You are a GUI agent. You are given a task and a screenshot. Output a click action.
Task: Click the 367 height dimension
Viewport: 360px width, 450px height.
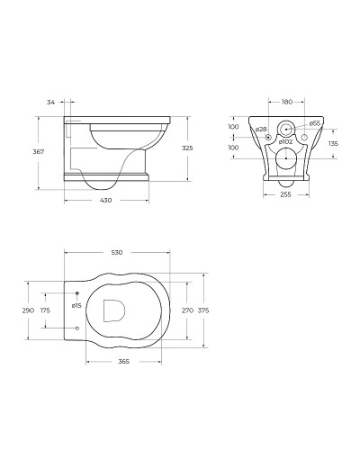pyautogui.click(x=39, y=152)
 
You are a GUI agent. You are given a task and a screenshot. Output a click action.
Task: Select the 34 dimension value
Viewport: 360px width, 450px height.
pyautogui.click(x=50, y=103)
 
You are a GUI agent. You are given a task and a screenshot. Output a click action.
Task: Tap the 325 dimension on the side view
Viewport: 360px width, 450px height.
pyautogui.click(x=187, y=148)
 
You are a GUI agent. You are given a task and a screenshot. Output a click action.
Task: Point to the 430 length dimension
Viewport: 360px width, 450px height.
pyautogui.click(x=105, y=200)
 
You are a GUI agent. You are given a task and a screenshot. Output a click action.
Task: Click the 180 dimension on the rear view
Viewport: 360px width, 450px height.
pyautogui.click(x=286, y=102)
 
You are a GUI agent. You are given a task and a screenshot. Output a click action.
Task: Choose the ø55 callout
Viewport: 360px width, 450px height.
pyautogui.click(x=315, y=123)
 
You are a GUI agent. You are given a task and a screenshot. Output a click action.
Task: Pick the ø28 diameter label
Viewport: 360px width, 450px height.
pyautogui.click(x=261, y=129)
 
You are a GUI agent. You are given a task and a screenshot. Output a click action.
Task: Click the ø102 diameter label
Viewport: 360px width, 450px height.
pyautogui.click(x=285, y=141)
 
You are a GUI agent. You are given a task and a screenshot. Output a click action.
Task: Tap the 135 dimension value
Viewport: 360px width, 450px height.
pyautogui.click(x=333, y=143)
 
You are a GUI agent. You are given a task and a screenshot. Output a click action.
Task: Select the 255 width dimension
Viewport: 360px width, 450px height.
pyautogui.click(x=285, y=194)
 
